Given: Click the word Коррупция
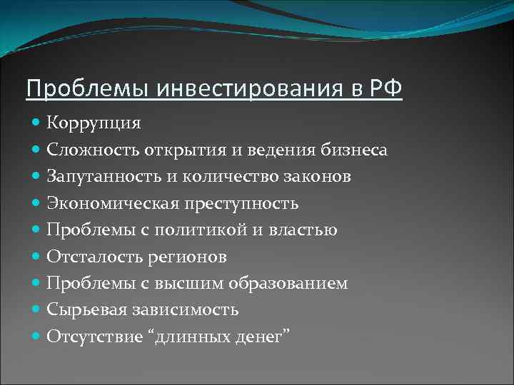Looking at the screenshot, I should [94, 123].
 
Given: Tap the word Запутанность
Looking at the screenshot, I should [101, 176].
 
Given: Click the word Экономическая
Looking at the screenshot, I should [109, 203].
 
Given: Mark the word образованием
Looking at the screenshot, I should [288, 284].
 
